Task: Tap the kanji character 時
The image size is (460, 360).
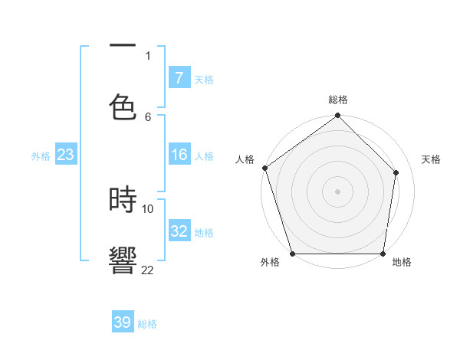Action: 123,200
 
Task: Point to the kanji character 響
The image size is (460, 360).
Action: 123,260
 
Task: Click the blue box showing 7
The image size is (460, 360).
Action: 179,78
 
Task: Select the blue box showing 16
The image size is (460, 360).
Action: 179,155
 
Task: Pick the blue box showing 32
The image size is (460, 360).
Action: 179,231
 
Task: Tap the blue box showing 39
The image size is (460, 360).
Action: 123,322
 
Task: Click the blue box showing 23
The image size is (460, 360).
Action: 66,155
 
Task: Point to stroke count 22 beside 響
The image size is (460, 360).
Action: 147,270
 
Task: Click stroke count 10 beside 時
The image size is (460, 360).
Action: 148,208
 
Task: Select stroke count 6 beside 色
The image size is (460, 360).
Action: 148,116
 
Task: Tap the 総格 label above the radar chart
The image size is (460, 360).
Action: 338,100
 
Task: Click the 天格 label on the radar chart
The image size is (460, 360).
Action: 432,160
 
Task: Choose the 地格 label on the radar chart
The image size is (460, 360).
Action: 402,263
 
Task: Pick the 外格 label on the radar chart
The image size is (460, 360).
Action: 270,263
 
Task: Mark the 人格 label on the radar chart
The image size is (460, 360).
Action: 245,160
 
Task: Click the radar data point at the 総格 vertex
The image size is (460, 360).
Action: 338,116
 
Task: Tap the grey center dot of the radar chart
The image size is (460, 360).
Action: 338,191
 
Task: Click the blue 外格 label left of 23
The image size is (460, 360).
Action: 41,156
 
